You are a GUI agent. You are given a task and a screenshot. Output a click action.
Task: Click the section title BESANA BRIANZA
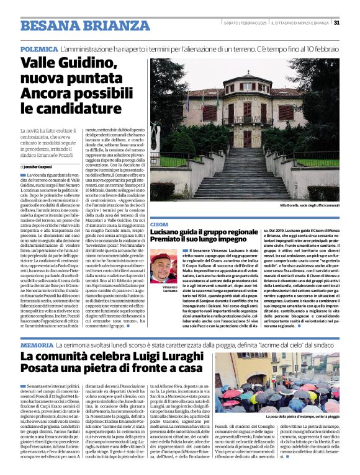coord(76,25)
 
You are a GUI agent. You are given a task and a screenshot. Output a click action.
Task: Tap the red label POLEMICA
coord(38,48)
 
